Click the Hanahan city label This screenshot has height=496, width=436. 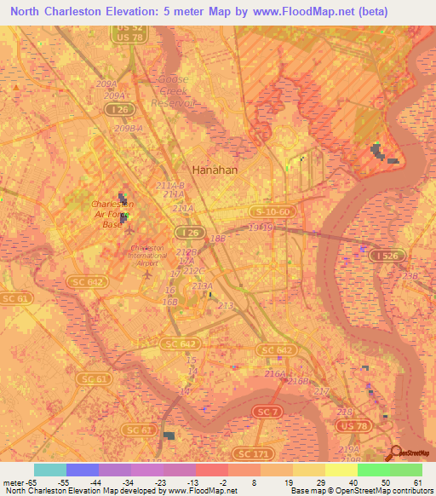[215, 170]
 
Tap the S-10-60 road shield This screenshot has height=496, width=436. [272, 211]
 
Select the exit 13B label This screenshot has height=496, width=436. [411, 276]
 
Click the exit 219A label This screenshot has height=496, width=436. [350, 448]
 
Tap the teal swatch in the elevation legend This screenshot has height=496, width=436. [49, 470]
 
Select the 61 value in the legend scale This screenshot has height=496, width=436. [417, 482]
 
